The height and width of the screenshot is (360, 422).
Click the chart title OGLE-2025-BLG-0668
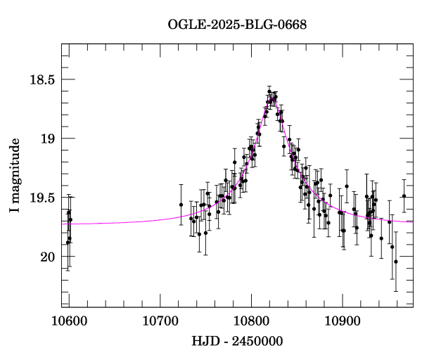tap(237, 25)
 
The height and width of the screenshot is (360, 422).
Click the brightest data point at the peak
tap(269, 91)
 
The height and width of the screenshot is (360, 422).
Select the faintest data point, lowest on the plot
tap(396, 262)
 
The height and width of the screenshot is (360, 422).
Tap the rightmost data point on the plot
tap(404, 195)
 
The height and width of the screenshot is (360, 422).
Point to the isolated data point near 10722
tap(181, 205)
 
